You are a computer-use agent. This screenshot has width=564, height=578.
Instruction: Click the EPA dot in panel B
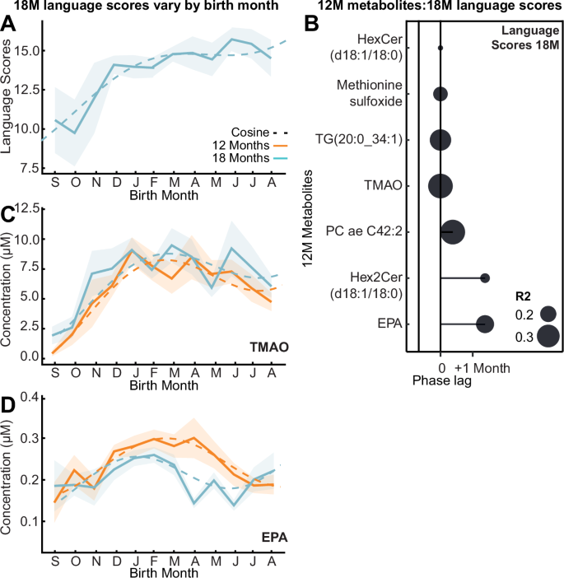484,324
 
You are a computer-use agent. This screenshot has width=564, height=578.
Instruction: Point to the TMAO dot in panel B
440,186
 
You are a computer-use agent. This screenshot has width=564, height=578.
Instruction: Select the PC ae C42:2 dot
452,232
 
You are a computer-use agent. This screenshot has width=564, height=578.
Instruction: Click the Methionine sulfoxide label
370,93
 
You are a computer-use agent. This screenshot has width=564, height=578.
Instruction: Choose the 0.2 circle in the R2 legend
548,314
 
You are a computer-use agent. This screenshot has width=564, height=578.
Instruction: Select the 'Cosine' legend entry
252,131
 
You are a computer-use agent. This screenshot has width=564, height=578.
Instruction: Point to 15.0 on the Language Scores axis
32,51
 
